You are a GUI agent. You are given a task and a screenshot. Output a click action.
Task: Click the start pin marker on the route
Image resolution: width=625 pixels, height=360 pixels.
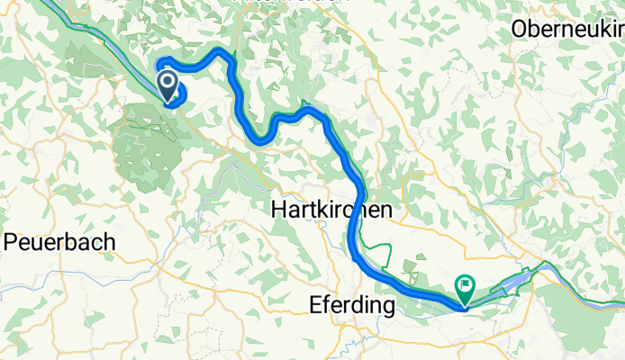168,85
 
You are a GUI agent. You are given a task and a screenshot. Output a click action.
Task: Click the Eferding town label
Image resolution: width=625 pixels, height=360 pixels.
351,306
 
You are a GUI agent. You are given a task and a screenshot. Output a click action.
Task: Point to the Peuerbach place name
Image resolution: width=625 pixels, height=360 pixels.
59,241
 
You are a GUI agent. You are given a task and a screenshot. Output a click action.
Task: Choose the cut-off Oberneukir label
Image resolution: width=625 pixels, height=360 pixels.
566,29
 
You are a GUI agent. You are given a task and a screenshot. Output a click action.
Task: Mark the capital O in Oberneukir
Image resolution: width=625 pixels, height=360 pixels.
518,29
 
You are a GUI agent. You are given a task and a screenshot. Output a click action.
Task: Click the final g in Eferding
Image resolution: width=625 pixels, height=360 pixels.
388,309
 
